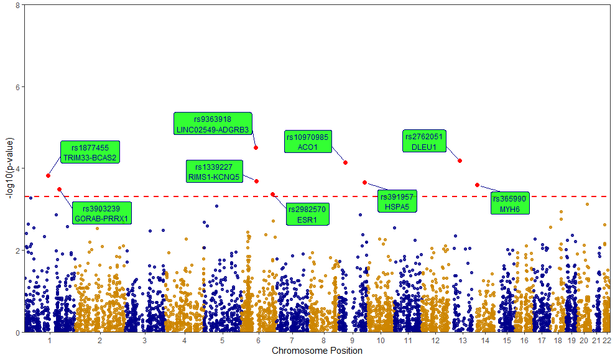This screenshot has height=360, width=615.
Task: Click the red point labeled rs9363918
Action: [x=256, y=147]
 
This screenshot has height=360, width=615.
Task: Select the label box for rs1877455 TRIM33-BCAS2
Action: [x=90, y=153]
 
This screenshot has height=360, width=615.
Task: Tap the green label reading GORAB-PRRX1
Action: [x=101, y=213]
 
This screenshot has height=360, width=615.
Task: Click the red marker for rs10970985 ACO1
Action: [x=345, y=162]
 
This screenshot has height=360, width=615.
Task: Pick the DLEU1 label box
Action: [x=424, y=142]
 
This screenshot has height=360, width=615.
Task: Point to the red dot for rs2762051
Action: [x=460, y=160]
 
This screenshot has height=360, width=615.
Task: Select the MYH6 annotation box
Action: [x=509, y=204]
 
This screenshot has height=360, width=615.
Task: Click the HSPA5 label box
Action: [x=397, y=201]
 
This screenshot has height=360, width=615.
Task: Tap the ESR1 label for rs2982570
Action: [x=307, y=214]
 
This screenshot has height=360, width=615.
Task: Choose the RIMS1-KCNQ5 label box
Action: [x=213, y=172]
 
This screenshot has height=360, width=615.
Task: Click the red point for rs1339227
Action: [x=256, y=181]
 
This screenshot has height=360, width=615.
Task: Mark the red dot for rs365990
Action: [x=477, y=185]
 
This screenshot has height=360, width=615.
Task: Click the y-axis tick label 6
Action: [x=17, y=87]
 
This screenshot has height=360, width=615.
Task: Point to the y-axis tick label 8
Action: [x=17, y=5]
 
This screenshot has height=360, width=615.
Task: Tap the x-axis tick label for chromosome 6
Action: [x=258, y=341]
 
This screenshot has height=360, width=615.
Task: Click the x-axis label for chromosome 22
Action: [x=607, y=341]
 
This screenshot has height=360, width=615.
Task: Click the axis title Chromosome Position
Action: [x=317, y=351]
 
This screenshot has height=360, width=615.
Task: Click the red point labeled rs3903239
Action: [x=59, y=189]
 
